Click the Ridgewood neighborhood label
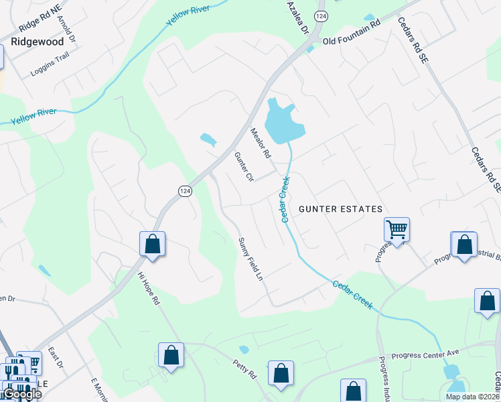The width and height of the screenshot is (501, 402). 38,42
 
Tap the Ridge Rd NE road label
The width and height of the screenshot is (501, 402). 40,24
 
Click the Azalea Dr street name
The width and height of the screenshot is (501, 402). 297,17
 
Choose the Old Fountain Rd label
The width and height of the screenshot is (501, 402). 352,41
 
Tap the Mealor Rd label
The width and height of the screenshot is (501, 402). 260,143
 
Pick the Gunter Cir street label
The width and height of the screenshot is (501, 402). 243,167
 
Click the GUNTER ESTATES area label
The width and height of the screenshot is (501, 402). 340,209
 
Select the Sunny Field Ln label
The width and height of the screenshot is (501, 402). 250,259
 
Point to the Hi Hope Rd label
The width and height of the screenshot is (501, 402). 149,289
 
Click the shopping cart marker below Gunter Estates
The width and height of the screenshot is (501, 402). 397,230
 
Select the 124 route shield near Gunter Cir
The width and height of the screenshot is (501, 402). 186,191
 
